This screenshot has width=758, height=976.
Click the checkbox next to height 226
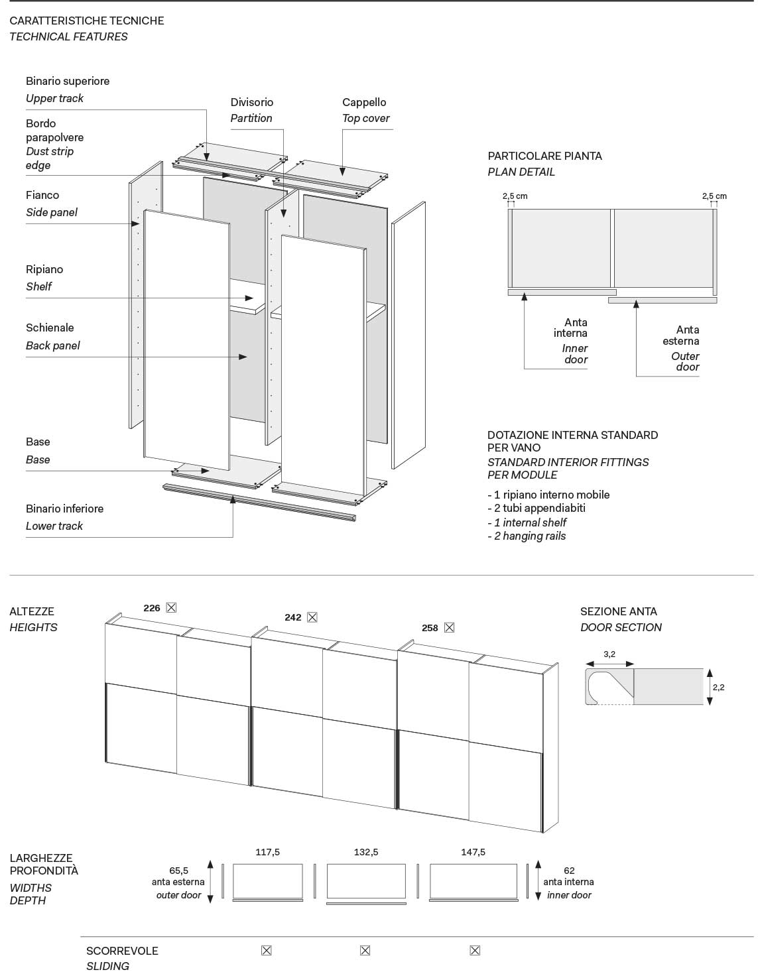click(x=171, y=607)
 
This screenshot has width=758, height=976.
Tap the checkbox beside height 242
click(x=312, y=617)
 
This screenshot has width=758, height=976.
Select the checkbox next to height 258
click(x=449, y=627)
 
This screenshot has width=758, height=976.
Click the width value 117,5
click(x=267, y=852)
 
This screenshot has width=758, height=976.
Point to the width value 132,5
click(x=366, y=852)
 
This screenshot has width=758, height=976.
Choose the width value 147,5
click(x=473, y=852)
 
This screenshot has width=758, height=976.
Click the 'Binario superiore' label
click(x=68, y=81)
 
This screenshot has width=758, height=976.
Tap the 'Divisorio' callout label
click(x=251, y=102)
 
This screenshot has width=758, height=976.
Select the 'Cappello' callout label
click(x=364, y=102)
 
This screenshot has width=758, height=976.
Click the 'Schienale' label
click(x=50, y=328)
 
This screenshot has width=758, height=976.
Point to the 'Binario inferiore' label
click(x=64, y=509)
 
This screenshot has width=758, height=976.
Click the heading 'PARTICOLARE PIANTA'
click(x=544, y=156)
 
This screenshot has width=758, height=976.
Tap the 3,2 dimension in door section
click(x=609, y=654)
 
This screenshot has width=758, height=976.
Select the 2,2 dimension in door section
click(x=718, y=687)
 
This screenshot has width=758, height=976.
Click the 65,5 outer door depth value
click(x=179, y=871)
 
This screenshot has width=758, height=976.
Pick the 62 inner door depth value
click(x=569, y=871)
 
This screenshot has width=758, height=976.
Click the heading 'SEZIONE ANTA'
click(x=618, y=611)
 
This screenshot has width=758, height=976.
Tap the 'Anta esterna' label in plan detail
click(x=681, y=335)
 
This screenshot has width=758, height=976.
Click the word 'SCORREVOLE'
click(x=122, y=951)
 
